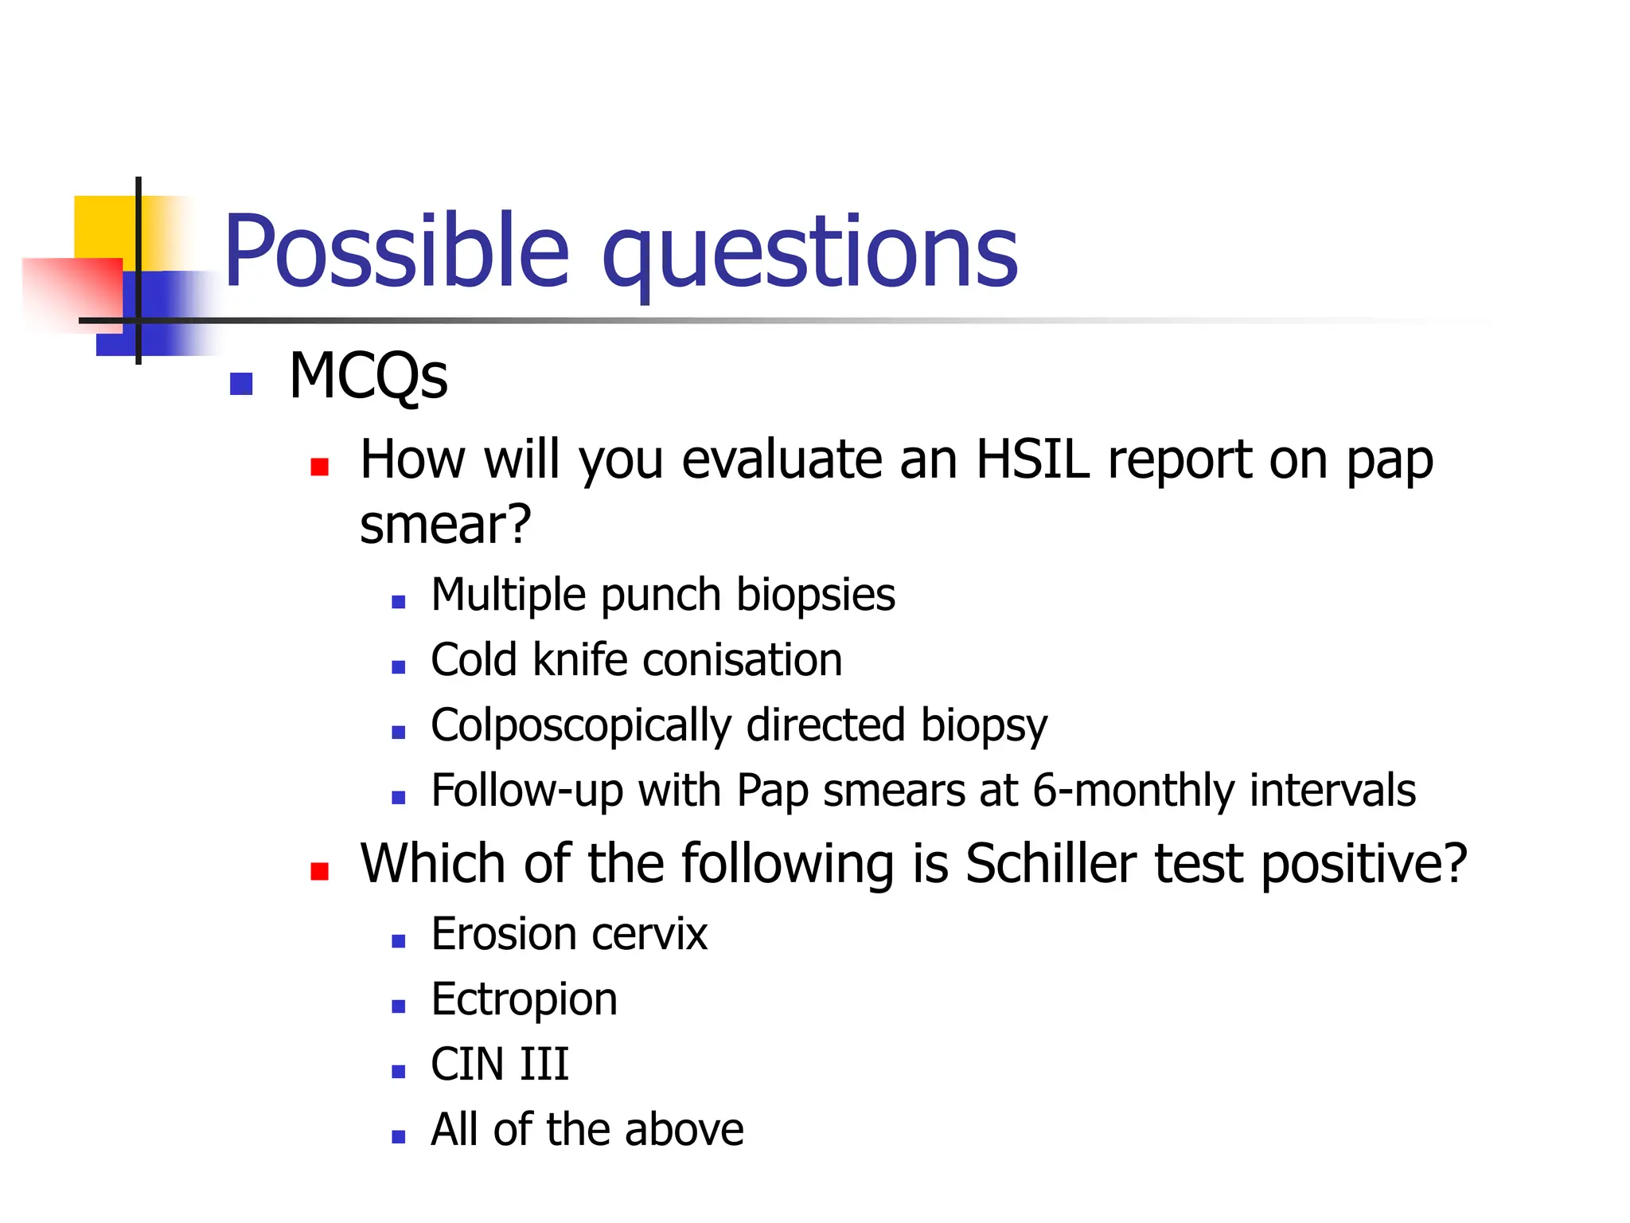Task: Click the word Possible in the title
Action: click(x=396, y=251)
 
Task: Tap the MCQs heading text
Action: click(x=368, y=376)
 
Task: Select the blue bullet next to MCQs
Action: click(x=240, y=384)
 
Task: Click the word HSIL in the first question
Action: click(x=1032, y=459)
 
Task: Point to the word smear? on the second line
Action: click(x=445, y=525)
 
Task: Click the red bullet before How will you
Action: click(x=319, y=467)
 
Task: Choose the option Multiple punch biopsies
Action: click(x=662, y=595)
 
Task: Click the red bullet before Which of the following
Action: click(x=319, y=871)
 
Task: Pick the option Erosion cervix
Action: click(x=568, y=934)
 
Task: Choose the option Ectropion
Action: click(x=524, y=999)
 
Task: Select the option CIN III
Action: click(x=499, y=1065)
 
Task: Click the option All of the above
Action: click(x=587, y=1130)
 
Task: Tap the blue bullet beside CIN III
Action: click(x=399, y=1072)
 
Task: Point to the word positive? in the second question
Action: click(x=1364, y=864)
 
